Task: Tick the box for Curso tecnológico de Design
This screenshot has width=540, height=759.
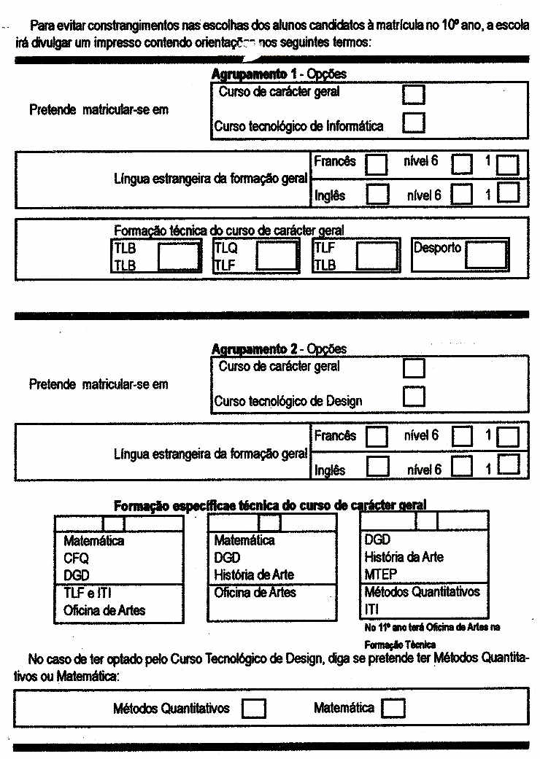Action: click(414, 396)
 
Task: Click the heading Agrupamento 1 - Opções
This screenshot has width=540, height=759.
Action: click(279, 74)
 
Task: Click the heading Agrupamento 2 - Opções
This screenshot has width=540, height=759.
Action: click(279, 349)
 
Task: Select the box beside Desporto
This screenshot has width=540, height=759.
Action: click(486, 255)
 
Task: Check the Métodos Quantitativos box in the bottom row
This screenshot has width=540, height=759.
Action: click(253, 709)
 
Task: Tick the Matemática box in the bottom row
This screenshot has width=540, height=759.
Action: click(393, 709)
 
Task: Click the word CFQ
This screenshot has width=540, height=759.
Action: click(76, 558)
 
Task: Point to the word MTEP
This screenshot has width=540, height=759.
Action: click(380, 575)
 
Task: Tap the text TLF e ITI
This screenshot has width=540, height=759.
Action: click(88, 593)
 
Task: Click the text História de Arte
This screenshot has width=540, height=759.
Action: click(254, 575)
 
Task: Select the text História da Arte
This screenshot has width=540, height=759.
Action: click(404, 557)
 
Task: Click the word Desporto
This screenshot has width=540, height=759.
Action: click(437, 248)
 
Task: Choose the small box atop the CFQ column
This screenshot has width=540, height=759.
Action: click(114, 523)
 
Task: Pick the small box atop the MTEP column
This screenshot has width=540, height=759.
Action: click(427, 521)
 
